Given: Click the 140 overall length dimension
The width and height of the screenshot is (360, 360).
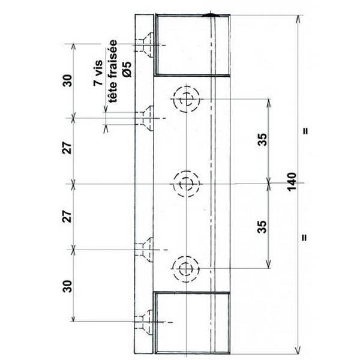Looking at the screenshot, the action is click(292, 182).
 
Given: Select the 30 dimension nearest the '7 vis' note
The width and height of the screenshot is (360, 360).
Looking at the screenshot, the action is click(67, 80).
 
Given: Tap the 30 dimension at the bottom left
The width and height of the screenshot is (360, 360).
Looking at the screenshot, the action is click(67, 286).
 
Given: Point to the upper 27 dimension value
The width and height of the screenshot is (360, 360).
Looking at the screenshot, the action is click(67, 148).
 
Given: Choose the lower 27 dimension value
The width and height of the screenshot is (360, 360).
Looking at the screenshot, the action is click(67, 216).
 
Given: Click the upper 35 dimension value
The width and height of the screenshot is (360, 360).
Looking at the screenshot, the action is click(262, 140).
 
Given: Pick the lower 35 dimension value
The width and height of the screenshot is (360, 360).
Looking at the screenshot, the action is click(262, 227).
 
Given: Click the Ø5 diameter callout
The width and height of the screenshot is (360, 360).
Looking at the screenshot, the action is click(127, 70).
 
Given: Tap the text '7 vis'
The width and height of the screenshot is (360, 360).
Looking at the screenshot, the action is click(98, 73).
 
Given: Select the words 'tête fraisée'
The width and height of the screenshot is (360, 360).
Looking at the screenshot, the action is click(113, 71).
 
